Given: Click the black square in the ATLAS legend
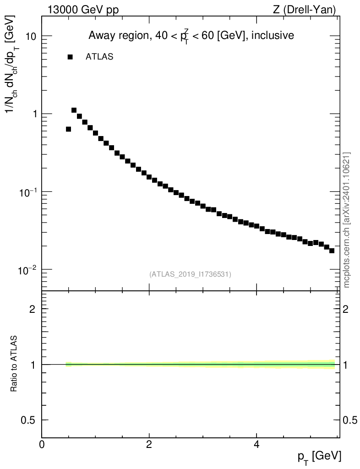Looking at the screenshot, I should [70, 57].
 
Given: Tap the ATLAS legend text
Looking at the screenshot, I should [99, 57].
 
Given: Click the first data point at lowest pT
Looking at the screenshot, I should [69, 129].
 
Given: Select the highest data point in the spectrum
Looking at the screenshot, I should [74, 110].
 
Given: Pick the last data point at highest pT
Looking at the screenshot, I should [332, 251].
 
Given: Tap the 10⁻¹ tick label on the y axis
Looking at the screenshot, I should [28, 191].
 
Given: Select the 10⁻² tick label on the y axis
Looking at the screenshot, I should [28, 269].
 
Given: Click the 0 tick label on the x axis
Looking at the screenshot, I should [42, 444].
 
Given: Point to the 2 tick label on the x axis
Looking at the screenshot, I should [149, 444].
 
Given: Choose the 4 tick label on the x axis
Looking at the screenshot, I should [256, 444].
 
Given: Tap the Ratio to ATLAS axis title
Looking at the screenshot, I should [14, 364].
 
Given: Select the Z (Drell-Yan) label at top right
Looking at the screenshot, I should [304, 10].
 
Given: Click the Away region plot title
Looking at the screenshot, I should [191, 36].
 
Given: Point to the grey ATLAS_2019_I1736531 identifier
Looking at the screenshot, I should [190, 274].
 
